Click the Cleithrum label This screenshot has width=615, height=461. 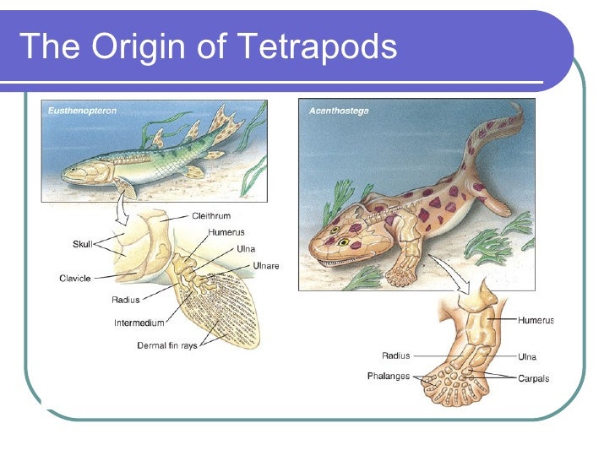(211, 216)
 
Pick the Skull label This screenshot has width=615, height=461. (82, 244)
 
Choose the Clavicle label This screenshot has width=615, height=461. (75, 278)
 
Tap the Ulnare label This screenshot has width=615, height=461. (266, 266)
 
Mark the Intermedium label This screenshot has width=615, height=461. (139, 322)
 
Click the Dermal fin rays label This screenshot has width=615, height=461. (167, 345)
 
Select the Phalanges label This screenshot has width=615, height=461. (389, 376)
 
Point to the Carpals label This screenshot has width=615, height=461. (533, 379)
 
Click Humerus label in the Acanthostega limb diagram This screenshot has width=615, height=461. (536, 321)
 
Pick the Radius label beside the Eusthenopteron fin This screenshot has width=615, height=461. (126, 299)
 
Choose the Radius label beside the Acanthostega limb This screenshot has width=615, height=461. (396, 356)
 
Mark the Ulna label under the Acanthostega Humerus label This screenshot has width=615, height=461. (527, 357)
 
